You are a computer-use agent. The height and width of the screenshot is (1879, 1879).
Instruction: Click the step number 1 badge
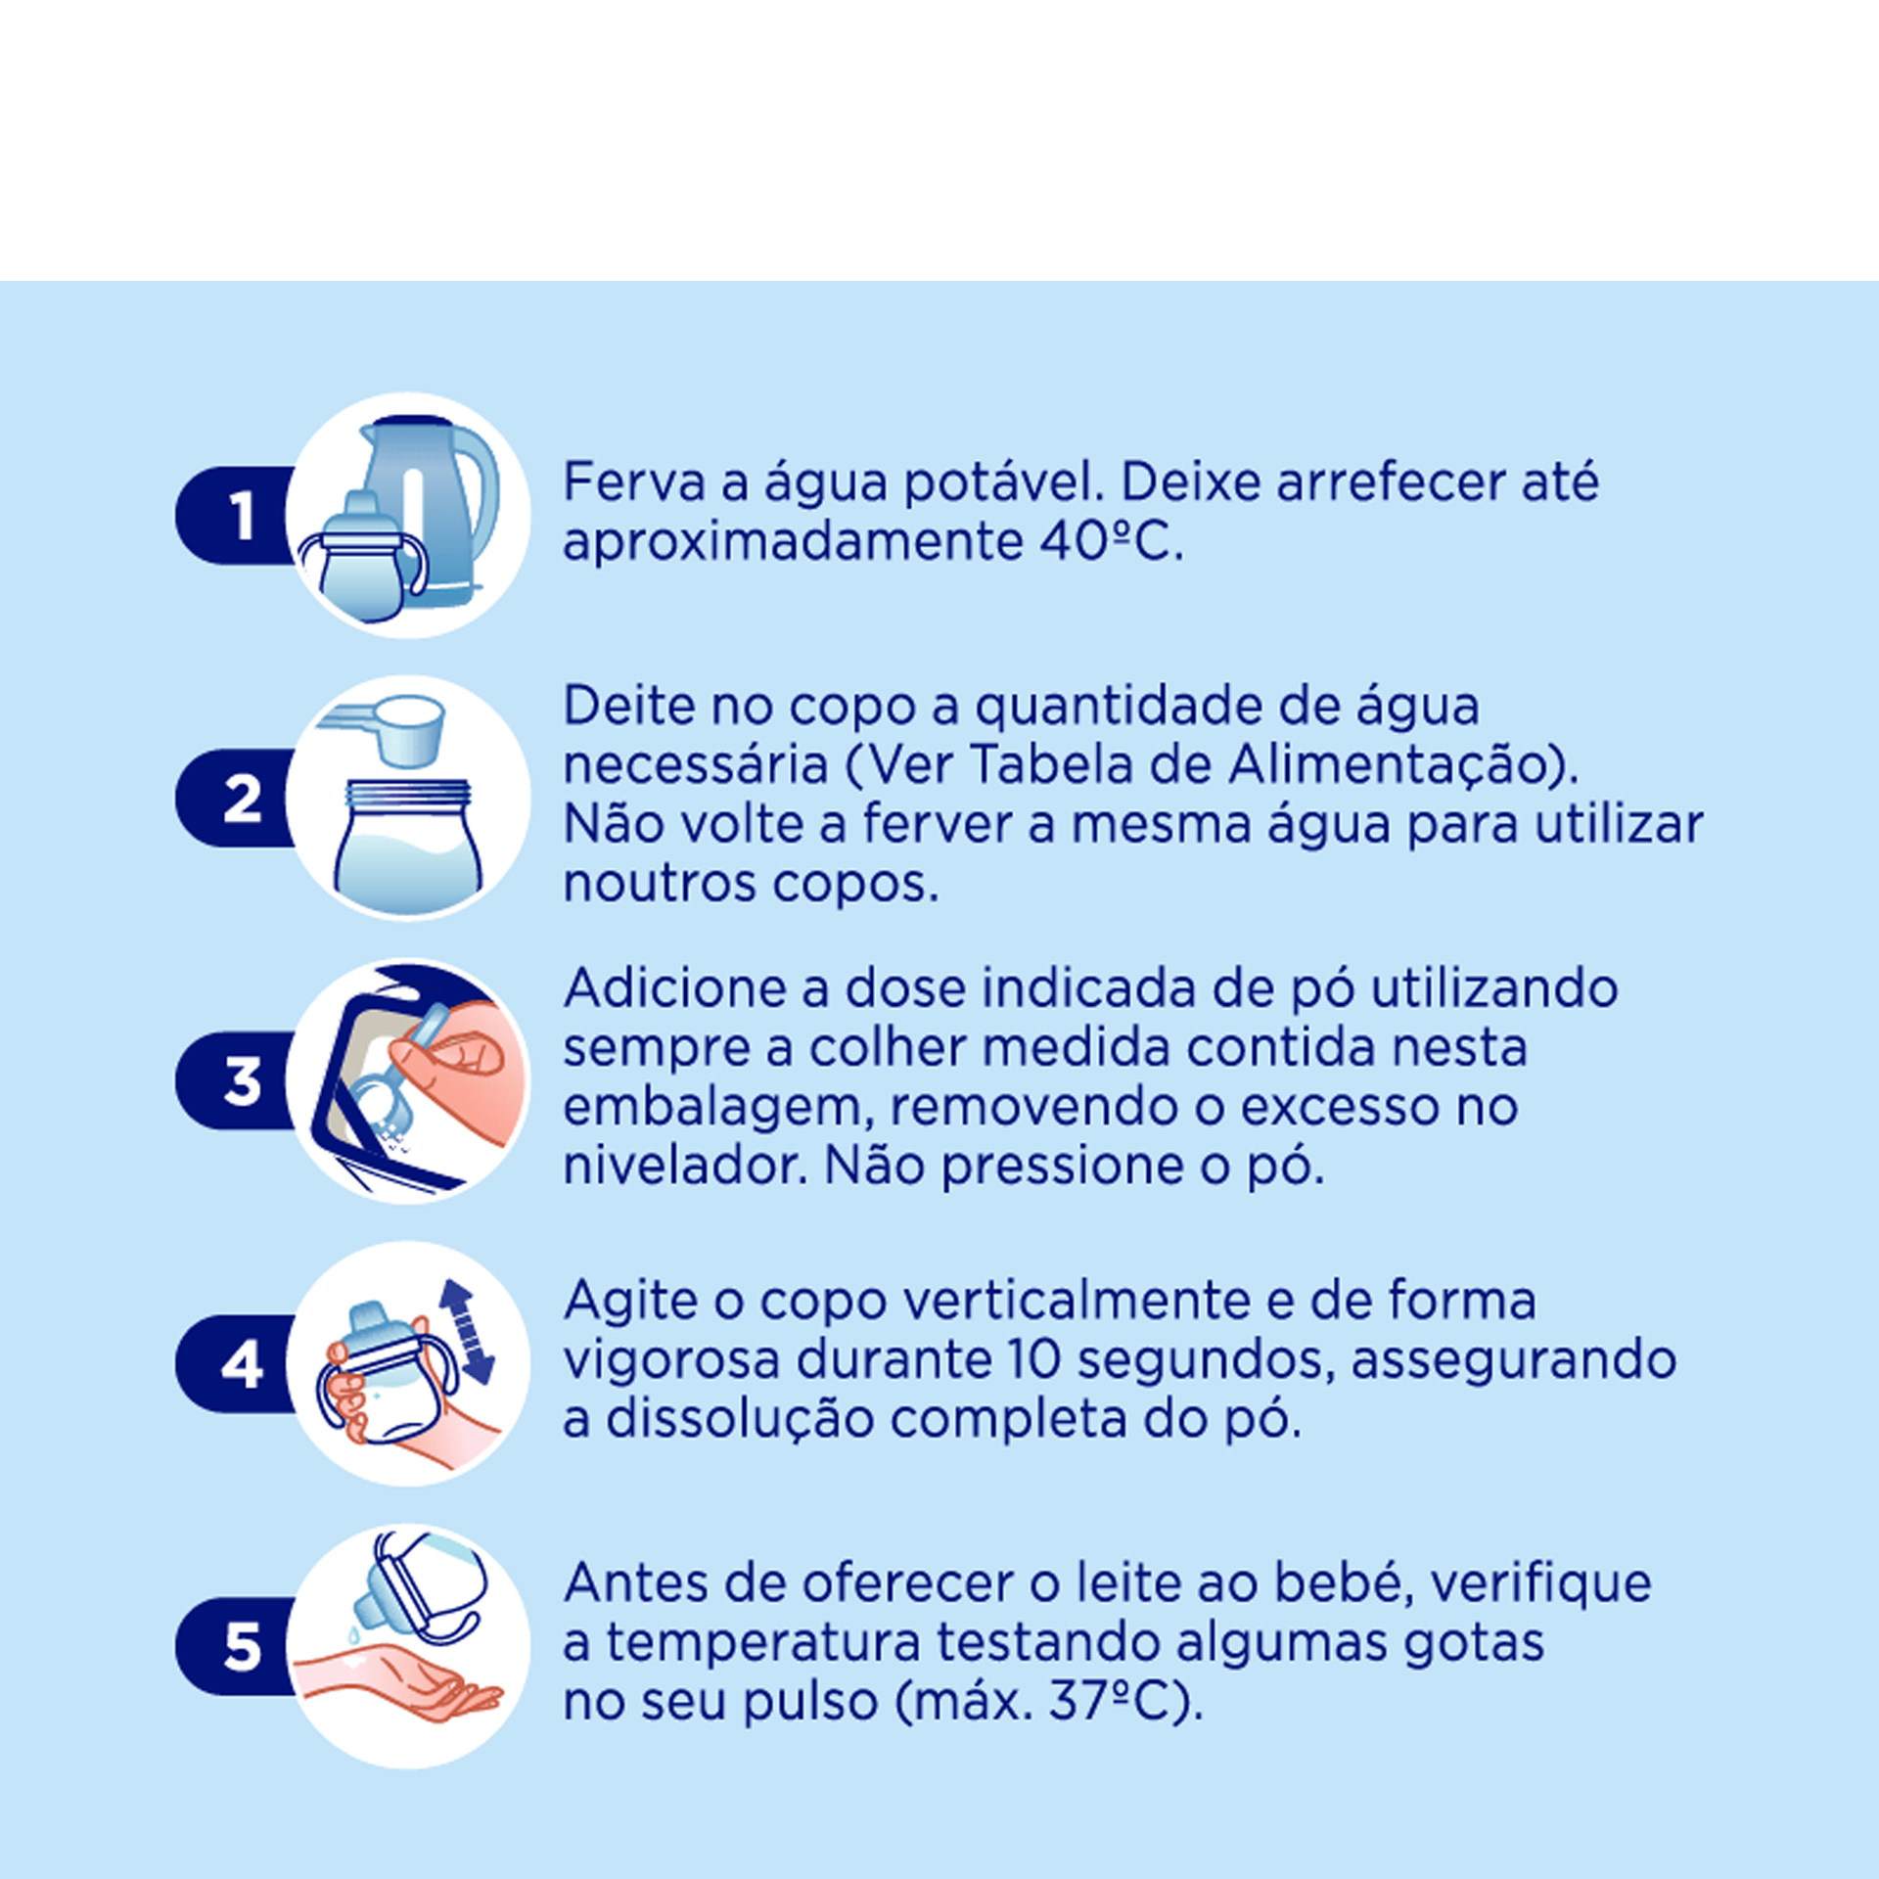[x=235, y=516]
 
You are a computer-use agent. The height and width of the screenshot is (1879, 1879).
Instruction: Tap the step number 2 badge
[x=235, y=799]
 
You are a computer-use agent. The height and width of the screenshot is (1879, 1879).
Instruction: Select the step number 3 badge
[x=235, y=1081]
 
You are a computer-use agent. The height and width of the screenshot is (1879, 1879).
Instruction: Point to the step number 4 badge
[x=235, y=1364]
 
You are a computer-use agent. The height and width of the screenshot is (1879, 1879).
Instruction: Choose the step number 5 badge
[x=235, y=1647]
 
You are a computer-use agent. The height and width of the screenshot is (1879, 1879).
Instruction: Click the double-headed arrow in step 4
[x=467, y=1332]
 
